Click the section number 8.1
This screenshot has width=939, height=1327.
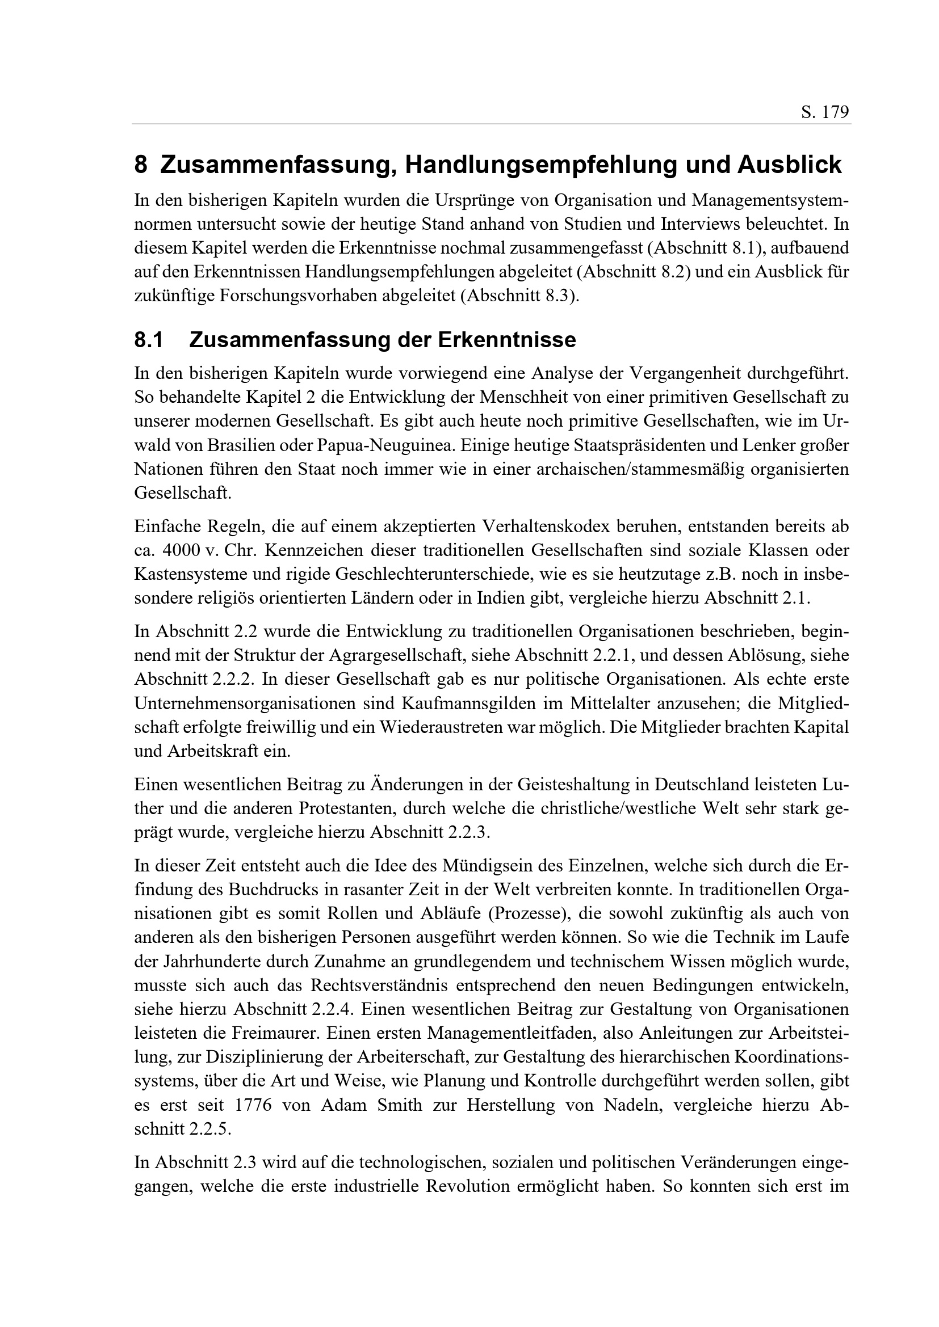click(x=149, y=340)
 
